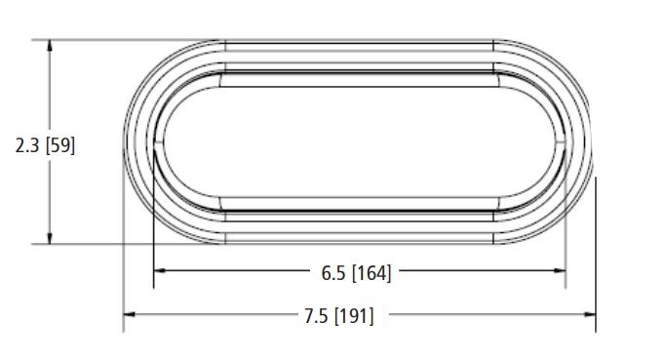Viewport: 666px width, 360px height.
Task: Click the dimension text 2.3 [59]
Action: tap(45, 145)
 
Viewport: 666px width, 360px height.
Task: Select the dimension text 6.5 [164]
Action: tap(356, 273)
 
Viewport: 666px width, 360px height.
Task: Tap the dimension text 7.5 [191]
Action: tap(339, 316)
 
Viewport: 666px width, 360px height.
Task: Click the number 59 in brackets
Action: tap(59, 145)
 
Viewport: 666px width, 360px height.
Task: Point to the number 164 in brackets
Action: tap(372, 273)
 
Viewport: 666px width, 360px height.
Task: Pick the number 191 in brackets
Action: tap(355, 316)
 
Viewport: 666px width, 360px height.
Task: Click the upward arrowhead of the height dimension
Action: tap(50, 46)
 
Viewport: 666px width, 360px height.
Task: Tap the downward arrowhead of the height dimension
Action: tap(50, 238)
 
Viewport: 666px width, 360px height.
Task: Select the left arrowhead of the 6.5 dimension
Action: tap(159, 270)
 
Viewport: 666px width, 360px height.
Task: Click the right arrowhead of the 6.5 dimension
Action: tap(560, 270)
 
